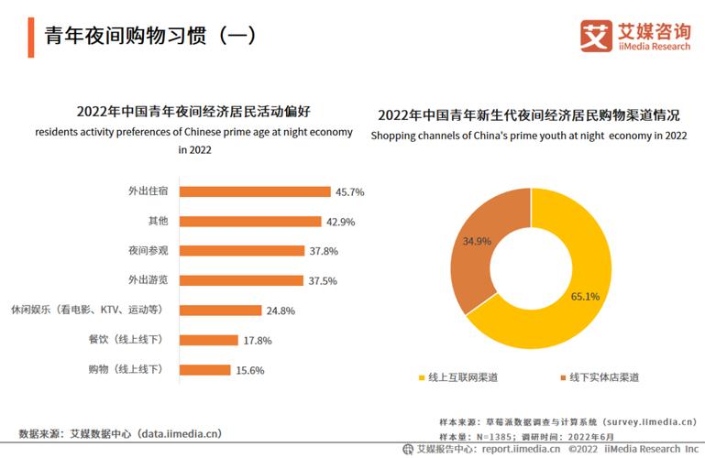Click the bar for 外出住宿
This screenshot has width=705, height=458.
pos(254,191)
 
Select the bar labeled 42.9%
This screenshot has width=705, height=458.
pos(249,221)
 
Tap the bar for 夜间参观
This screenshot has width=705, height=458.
pos(241,250)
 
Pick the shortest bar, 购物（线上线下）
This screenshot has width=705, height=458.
pos(204,369)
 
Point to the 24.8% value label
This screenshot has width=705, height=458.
pos(281,311)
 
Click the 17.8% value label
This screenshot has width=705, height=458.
pos(258,340)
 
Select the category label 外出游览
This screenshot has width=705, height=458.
pos(148,280)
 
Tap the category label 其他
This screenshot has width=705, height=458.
pos(158,221)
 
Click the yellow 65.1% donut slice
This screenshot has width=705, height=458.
pos(578,311)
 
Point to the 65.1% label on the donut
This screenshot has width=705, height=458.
pos(583,296)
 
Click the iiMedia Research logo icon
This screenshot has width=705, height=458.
pos(595,37)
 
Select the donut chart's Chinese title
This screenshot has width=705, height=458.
pos(528,115)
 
